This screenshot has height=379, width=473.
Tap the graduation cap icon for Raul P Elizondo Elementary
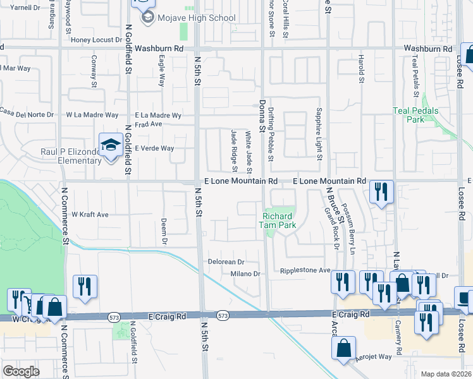point(111,145)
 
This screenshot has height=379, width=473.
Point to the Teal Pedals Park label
point(415,114)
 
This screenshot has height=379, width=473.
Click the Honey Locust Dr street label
point(96,40)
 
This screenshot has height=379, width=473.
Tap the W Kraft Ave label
point(90,215)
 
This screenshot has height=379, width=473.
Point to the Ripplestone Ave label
point(306,270)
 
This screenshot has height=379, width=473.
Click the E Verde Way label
point(154,148)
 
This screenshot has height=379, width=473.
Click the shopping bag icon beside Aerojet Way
point(343,347)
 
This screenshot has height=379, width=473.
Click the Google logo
point(21,371)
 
